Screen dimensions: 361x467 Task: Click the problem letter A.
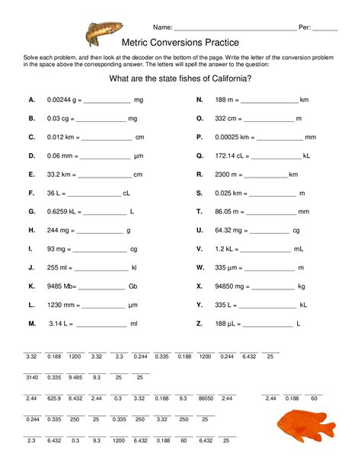[x=31, y=100]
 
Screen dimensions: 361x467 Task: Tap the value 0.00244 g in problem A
[x=59, y=100]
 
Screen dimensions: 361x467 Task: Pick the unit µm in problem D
[x=138, y=155]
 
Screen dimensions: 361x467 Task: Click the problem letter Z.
[x=199, y=323]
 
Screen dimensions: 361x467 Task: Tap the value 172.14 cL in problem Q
[x=230, y=155]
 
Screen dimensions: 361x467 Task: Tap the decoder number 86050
[x=206, y=398]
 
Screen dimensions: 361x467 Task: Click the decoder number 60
[x=313, y=398]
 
